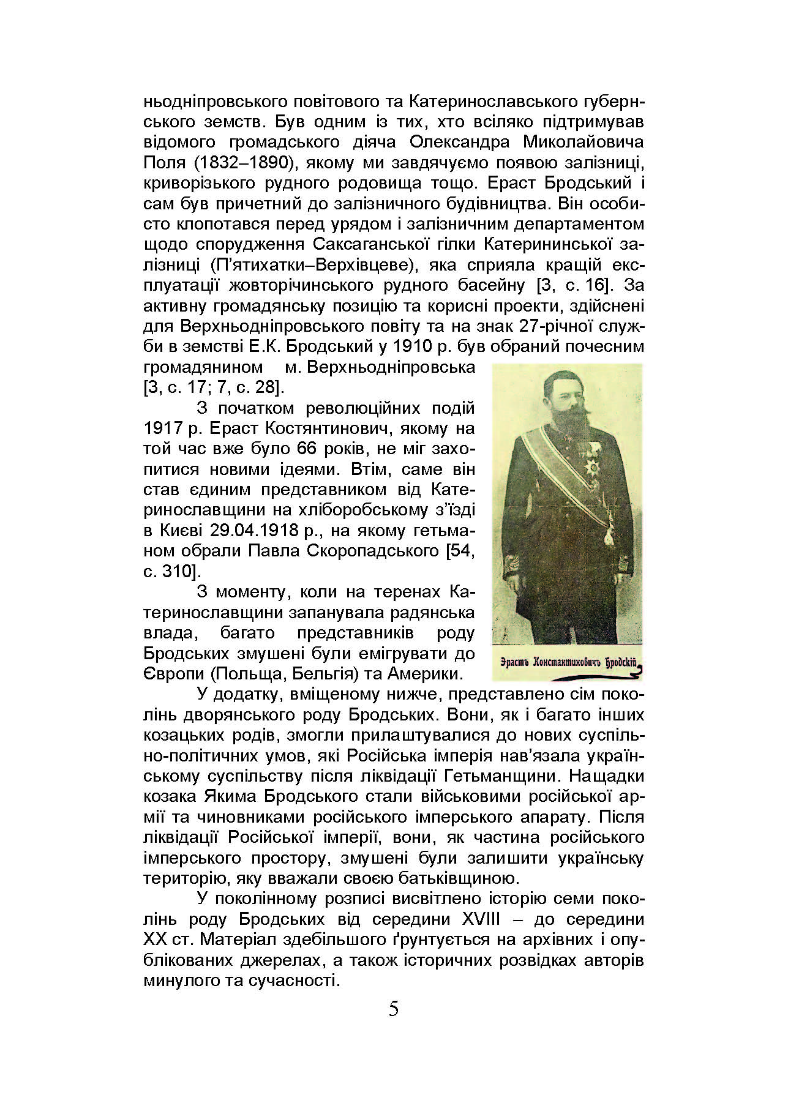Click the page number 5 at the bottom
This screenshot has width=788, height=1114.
(x=394, y=1009)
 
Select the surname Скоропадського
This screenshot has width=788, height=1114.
(x=376, y=551)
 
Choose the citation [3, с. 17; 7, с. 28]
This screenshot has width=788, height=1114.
(x=212, y=387)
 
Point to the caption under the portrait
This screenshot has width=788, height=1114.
(x=569, y=664)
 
